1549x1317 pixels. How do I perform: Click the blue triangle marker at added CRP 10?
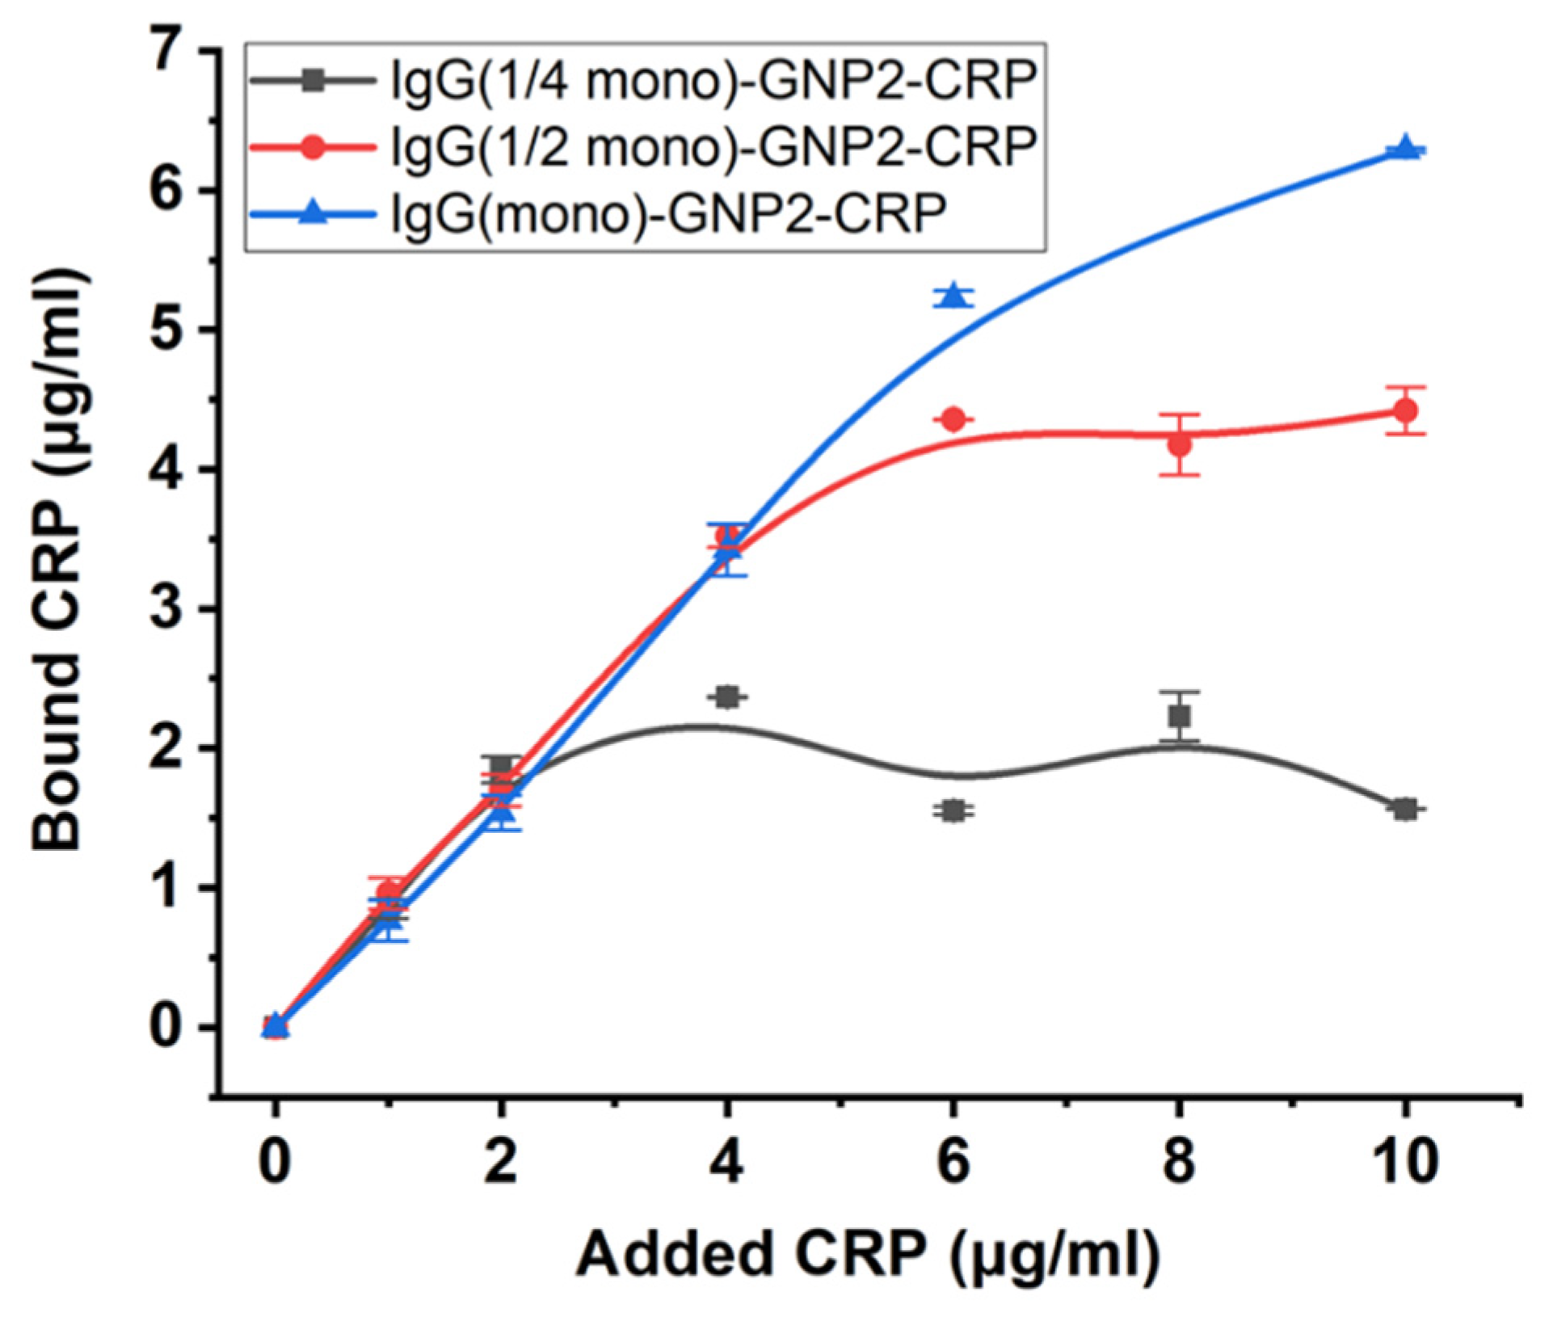[x=1405, y=148]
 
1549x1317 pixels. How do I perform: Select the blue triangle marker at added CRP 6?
[x=953, y=296]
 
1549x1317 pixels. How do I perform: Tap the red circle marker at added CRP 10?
[x=1405, y=410]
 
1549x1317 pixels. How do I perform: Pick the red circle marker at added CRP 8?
[x=1179, y=444]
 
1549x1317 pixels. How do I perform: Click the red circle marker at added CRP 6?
[x=953, y=419]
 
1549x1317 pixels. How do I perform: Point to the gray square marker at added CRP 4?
[x=727, y=696]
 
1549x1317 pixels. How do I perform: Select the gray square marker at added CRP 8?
[x=1179, y=716]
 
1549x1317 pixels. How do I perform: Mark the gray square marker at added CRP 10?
[x=1405, y=809]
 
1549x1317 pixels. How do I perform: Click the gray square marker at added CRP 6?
[x=953, y=810]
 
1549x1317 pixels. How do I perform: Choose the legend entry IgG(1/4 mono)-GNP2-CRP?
[x=711, y=81]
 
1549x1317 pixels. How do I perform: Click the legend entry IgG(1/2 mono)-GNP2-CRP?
[x=711, y=147]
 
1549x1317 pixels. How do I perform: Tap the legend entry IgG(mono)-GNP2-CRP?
[x=667, y=213]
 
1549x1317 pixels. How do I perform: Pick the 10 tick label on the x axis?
[x=1405, y=1161]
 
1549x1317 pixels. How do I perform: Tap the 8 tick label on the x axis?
[x=1179, y=1161]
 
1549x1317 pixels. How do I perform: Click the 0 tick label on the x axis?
[x=275, y=1161]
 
